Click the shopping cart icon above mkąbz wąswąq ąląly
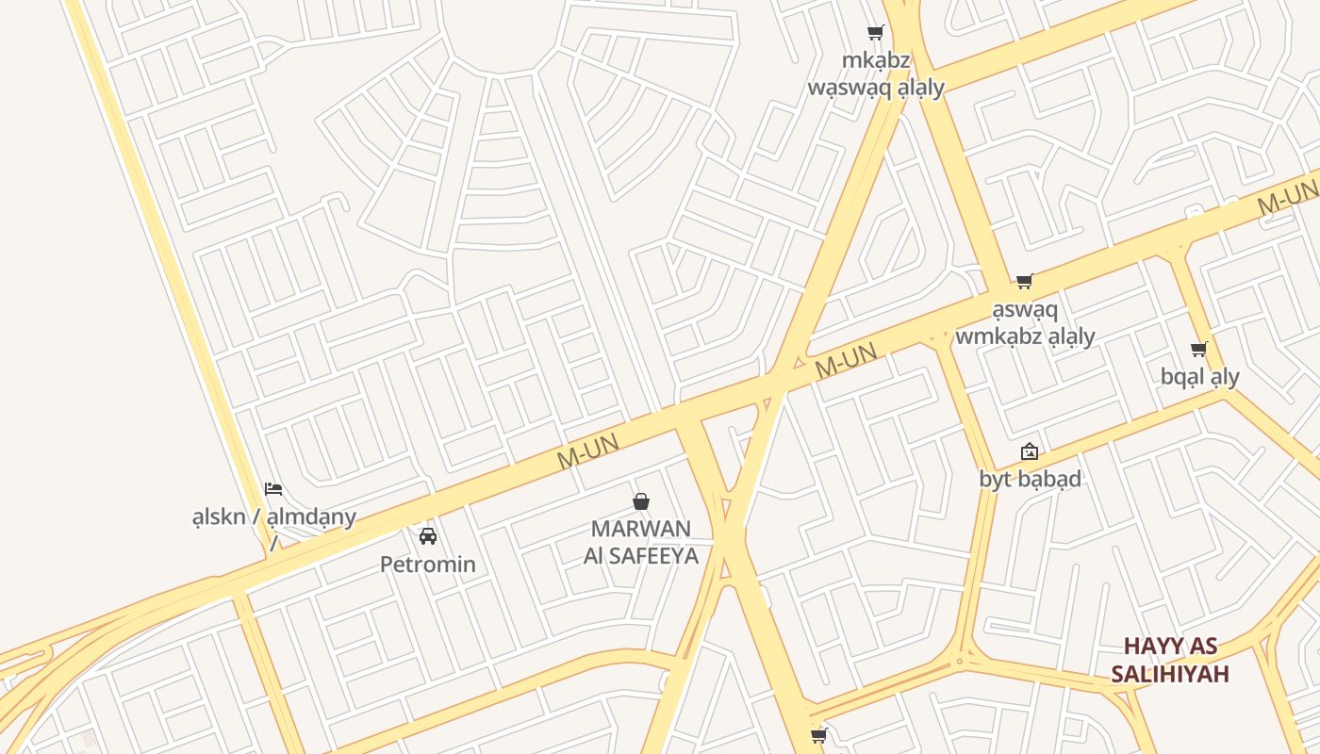click(x=876, y=33)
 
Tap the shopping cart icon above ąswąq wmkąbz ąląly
click(x=1025, y=281)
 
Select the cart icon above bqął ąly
click(x=1199, y=350)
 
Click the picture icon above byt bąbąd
click(x=1030, y=451)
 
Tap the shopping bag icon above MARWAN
click(x=641, y=501)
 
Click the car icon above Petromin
click(x=428, y=536)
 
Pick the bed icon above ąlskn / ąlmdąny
click(x=273, y=488)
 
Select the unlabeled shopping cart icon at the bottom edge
click(x=818, y=735)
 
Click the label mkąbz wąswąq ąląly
click(x=876, y=74)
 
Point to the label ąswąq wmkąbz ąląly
click(x=1025, y=323)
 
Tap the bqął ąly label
click(x=1199, y=377)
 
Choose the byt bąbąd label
click(x=1030, y=479)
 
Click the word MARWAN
click(x=641, y=529)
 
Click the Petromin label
click(x=428, y=565)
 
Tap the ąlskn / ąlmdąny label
click(x=273, y=516)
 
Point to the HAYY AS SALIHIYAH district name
click(x=1170, y=660)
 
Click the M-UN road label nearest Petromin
click(x=587, y=451)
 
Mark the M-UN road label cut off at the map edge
click(x=1289, y=196)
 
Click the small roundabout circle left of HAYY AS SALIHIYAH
click(x=960, y=662)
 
